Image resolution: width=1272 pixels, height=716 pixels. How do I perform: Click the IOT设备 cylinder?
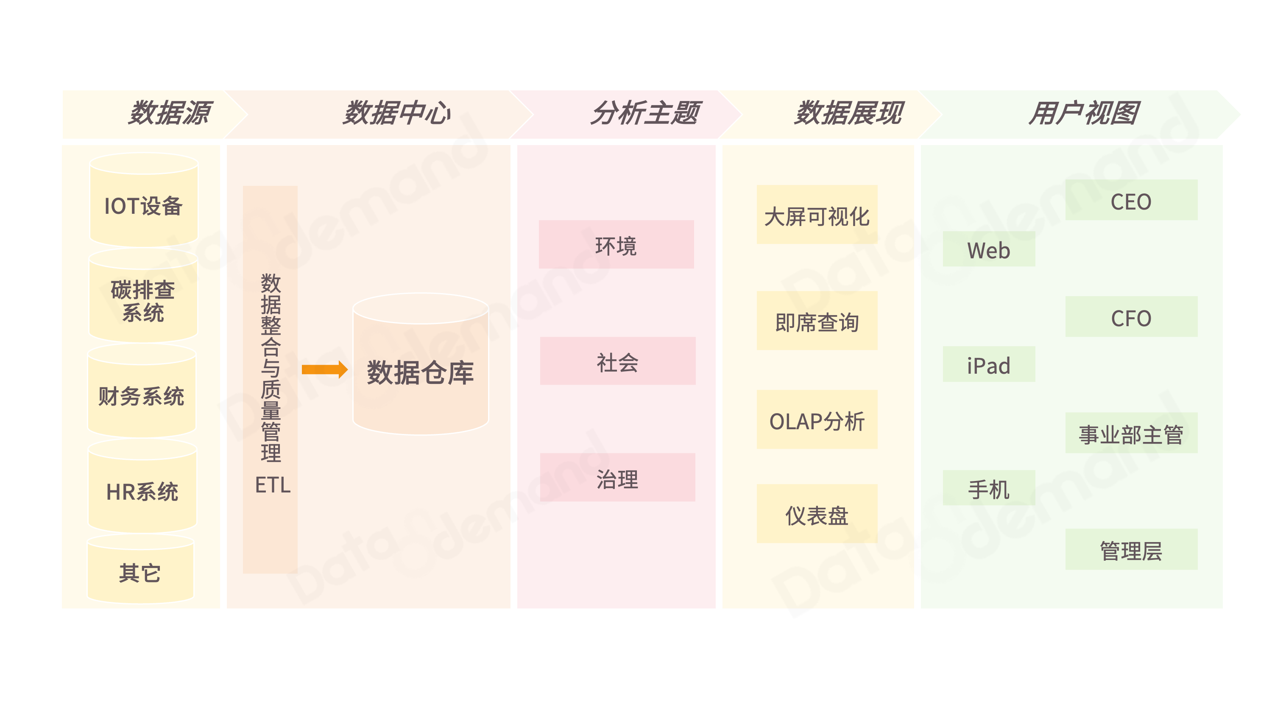point(143,205)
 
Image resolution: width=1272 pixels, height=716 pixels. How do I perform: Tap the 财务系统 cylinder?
point(142,396)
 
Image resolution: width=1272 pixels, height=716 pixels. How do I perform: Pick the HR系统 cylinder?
point(142,491)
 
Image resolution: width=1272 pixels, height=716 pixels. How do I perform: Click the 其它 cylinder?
point(140,572)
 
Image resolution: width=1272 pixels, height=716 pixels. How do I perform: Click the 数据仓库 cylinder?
point(421,372)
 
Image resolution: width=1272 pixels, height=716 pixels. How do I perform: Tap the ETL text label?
point(273,485)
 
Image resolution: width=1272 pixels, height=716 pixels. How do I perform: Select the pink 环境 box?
point(616,245)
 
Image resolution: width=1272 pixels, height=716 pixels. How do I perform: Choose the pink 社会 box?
point(617,361)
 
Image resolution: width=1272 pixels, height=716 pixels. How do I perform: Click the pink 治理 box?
point(617,478)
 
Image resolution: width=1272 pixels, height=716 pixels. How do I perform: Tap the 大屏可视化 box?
point(817,215)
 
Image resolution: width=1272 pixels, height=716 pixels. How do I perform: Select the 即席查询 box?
point(817,321)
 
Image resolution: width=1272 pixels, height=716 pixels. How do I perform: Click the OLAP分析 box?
point(817,420)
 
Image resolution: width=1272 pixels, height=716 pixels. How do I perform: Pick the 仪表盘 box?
point(817,515)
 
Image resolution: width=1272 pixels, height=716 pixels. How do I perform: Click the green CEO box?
point(1131,200)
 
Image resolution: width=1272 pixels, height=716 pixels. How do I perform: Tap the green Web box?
point(989,249)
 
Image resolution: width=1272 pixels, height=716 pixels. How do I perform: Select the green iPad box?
point(989,365)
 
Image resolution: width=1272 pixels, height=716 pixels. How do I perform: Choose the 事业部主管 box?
point(1131,434)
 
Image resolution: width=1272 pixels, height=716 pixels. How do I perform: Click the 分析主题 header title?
point(645,113)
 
